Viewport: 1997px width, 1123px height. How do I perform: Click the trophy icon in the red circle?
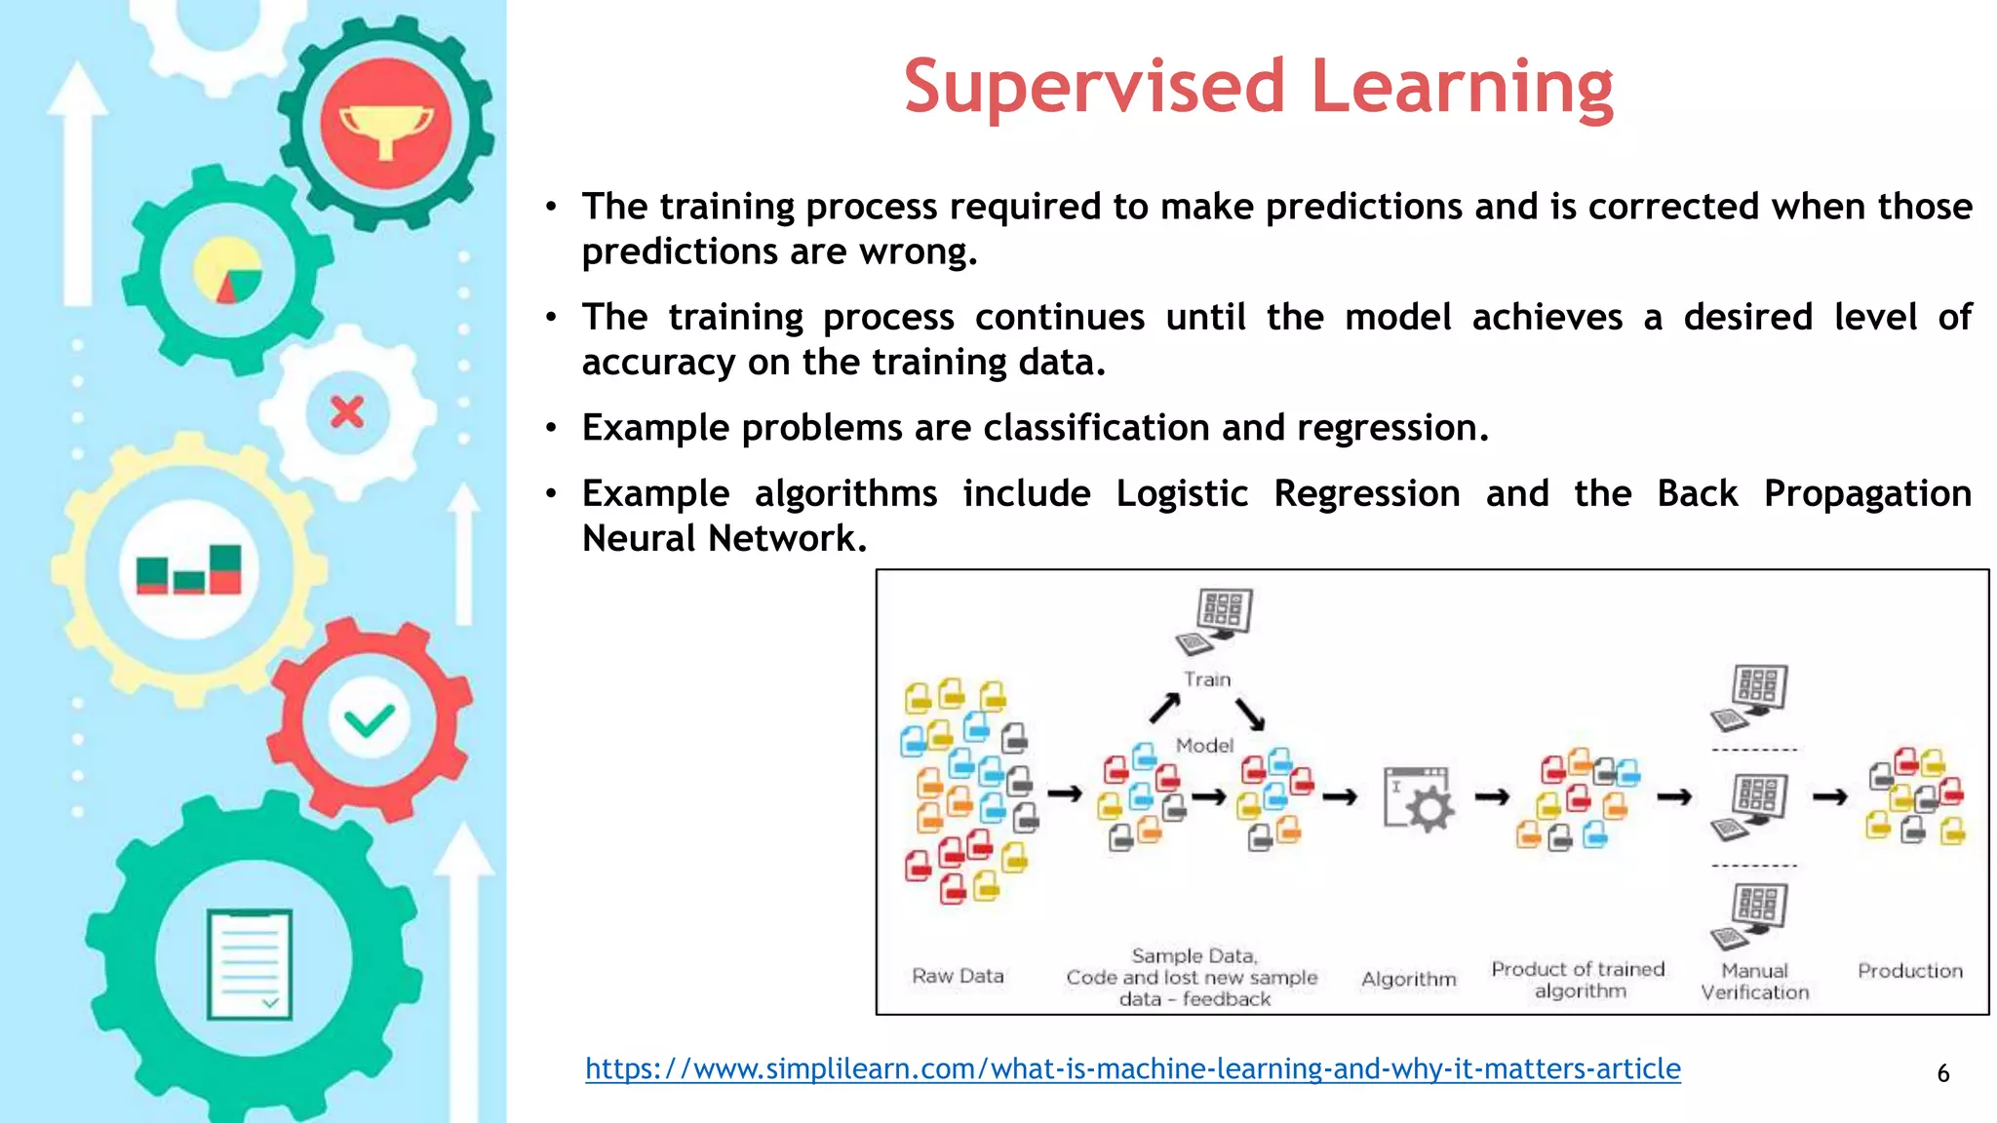point(386,126)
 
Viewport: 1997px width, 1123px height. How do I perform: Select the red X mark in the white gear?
point(347,411)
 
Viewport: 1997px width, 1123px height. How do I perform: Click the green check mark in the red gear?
point(369,721)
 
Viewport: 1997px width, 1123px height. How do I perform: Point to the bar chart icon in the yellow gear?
point(189,570)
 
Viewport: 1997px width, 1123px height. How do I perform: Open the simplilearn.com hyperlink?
point(1132,1068)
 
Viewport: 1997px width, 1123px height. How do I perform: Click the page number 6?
point(1942,1073)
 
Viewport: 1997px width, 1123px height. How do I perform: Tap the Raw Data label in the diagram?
point(958,976)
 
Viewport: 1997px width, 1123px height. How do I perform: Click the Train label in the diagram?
point(1207,679)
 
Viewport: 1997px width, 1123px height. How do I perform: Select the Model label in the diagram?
point(1204,746)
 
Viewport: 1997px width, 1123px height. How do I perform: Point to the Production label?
point(1909,971)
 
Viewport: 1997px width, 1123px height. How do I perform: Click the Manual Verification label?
point(1754,982)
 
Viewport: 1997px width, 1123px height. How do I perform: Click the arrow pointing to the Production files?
point(1829,797)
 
